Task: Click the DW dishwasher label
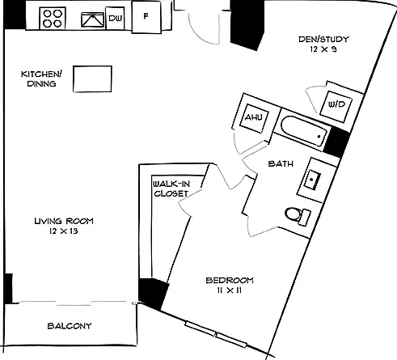click(x=116, y=19)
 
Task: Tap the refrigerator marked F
click(x=146, y=17)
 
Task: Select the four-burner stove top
click(x=53, y=19)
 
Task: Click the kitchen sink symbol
click(x=93, y=19)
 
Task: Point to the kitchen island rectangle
click(x=92, y=78)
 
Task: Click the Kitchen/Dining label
click(x=41, y=78)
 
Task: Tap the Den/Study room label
click(x=323, y=40)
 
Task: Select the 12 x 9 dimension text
click(x=323, y=49)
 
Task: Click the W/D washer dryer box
click(x=336, y=107)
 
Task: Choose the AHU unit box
click(x=254, y=118)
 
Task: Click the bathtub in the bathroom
click(x=304, y=131)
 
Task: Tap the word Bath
click(x=281, y=163)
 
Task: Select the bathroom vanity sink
click(x=312, y=180)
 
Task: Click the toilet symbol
click(x=298, y=215)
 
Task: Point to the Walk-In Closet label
click(x=171, y=188)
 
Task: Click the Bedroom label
click(x=230, y=281)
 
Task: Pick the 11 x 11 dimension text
click(x=230, y=290)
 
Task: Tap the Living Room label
click(x=64, y=221)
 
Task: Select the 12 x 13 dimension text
click(x=64, y=231)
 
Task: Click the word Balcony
click(x=70, y=326)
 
